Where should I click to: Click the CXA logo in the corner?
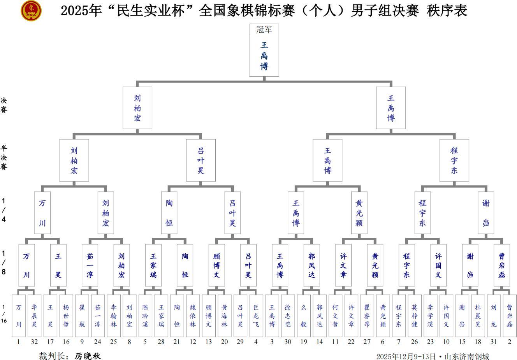31,11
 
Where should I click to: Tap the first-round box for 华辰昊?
34,316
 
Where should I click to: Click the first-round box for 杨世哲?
66,316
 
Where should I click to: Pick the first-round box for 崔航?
82,316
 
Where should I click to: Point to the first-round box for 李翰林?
114,316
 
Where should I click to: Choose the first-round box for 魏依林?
193,316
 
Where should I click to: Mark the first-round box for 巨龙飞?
256,316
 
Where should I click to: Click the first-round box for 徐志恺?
288,316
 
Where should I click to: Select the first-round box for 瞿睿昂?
367,316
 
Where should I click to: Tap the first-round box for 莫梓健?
414,316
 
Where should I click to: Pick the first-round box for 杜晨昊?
478,316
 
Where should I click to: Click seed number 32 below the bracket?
34,342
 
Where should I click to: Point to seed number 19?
304,342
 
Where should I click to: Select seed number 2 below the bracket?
509,342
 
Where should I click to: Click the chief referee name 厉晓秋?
88,356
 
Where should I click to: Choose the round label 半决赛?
4,158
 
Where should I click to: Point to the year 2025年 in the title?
81,11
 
